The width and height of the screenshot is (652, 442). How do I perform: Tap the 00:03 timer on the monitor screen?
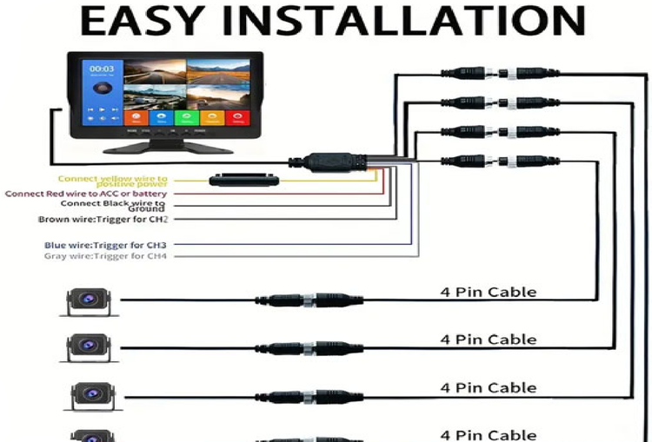click(102, 68)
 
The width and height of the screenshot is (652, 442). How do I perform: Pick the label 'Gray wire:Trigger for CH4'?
click(105, 256)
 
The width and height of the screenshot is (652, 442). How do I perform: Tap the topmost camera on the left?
click(89, 300)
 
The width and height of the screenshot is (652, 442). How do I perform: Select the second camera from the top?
click(89, 347)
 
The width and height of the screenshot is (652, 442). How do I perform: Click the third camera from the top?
click(89, 395)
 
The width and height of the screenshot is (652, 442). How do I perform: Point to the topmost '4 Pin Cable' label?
click(488, 292)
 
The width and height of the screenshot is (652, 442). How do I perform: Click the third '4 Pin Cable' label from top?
click(488, 387)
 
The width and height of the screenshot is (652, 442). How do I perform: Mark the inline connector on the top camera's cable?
click(309, 300)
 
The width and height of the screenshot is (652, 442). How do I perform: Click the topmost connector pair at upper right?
click(503, 74)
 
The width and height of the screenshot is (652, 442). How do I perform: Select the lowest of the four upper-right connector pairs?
click(503, 160)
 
